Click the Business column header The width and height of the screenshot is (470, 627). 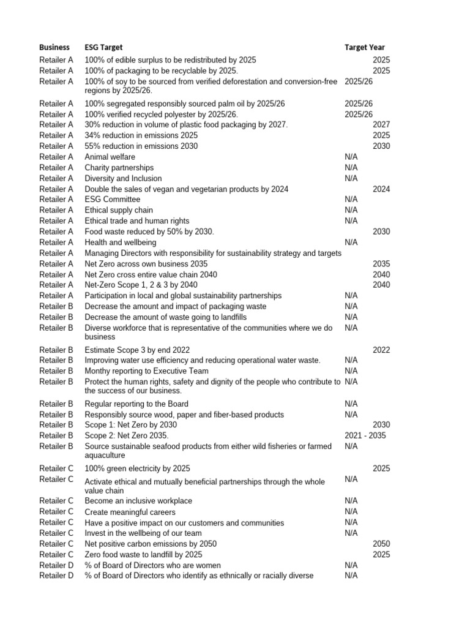pyautogui.click(x=54, y=47)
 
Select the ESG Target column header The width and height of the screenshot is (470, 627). pyautogui.click(x=103, y=47)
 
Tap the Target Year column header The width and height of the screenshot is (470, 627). pyautogui.click(x=365, y=47)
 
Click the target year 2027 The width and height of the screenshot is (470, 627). pyautogui.click(x=381, y=125)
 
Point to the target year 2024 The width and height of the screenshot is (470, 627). pyautogui.click(x=381, y=189)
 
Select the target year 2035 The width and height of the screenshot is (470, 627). pyautogui.click(x=381, y=264)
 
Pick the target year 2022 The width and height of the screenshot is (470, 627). pyautogui.click(x=381, y=350)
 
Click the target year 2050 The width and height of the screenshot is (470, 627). pyautogui.click(x=381, y=544)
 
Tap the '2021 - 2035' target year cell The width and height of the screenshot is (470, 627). pyautogui.click(x=365, y=435)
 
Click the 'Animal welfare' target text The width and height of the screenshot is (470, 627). pyautogui.click(x=110, y=157)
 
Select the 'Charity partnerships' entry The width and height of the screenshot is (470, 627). pyautogui.click(x=119, y=168)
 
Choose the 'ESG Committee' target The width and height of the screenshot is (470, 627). pyautogui.click(x=113, y=200)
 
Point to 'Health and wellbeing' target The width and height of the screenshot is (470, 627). pyautogui.click(x=121, y=242)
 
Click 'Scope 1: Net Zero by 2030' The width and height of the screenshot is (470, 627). pyautogui.click(x=131, y=425)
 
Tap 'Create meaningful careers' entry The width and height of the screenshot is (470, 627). pyautogui.click(x=130, y=512)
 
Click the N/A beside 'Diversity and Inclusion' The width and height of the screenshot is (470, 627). pyautogui.click(x=351, y=178)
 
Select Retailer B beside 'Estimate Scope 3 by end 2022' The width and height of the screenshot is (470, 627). pyautogui.click(x=56, y=350)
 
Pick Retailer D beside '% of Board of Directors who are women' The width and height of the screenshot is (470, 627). pyautogui.click(x=56, y=565)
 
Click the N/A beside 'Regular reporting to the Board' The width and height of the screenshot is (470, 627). pyautogui.click(x=351, y=404)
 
